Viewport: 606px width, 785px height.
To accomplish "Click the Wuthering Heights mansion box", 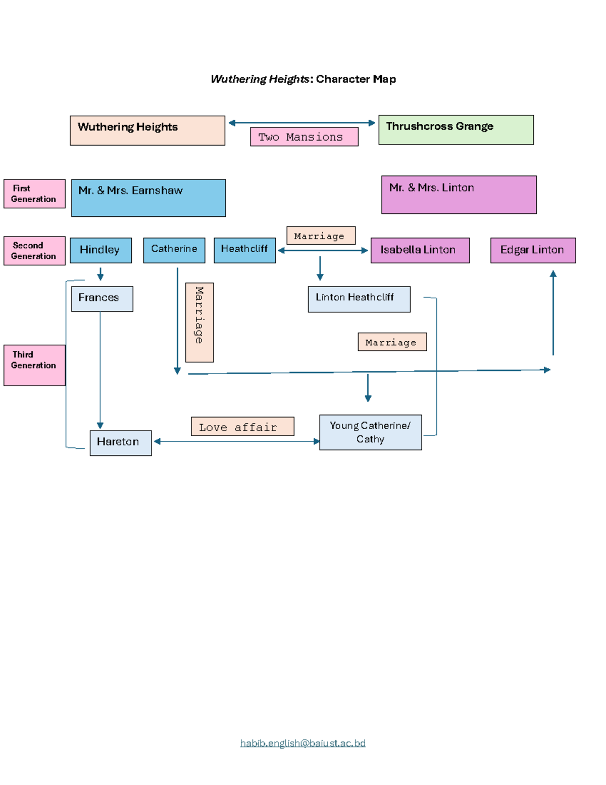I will tap(147, 130).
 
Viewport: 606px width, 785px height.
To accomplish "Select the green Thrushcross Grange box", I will tap(456, 130).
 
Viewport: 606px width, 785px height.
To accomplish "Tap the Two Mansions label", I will tap(304, 137).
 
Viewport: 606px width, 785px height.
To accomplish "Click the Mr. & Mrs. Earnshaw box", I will tap(148, 198).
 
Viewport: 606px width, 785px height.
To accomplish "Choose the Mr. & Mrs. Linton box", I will tap(459, 195).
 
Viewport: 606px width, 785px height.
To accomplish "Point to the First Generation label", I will tap(34, 194).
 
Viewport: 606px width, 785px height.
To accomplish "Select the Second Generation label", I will tap(34, 251).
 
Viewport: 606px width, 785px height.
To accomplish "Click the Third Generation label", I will tap(34, 365).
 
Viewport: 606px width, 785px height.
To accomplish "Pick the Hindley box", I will tap(100, 250).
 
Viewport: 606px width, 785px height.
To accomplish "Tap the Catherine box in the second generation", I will tap(174, 250).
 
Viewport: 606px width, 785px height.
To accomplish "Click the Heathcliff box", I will tap(244, 250).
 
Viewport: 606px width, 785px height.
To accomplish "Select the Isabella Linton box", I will tap(420, 250).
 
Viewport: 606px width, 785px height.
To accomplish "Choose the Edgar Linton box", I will tap(533, 250).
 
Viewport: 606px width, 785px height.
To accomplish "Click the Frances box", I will tap(102, 299).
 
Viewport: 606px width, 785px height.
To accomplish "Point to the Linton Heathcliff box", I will tap(359, 299).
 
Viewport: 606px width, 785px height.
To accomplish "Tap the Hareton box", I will tap(121, 443).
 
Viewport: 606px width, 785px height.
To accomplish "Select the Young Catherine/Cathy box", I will tap(370, 432).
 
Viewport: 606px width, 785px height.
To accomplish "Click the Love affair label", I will tap(242, 426).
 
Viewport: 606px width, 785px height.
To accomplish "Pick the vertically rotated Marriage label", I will tap(199, 322).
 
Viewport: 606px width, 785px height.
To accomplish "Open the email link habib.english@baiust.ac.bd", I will tap(302, 743).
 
